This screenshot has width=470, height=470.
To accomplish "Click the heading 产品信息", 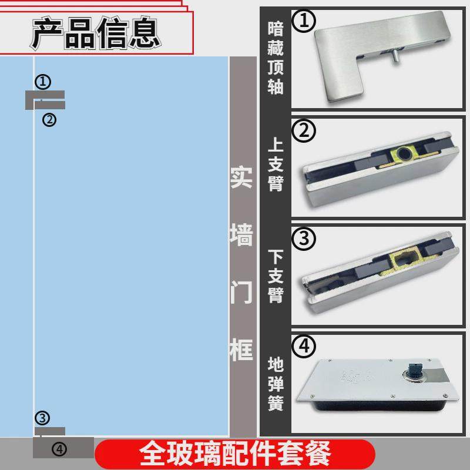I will (x=96, y=33).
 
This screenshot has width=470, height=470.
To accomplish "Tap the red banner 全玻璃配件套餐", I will (x=235, y=453).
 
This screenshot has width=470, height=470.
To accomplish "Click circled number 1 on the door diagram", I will (x=43, y=81).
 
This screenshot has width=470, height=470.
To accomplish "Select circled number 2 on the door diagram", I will (x=49, y=120).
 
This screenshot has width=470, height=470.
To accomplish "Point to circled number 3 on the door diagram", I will (x=42, y=418).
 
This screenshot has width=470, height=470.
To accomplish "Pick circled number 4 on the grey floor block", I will (x=60, y=449).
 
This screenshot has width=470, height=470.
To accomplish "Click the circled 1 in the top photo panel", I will (x=304, y=22).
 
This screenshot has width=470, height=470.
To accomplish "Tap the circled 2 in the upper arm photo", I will (x=304, y=132).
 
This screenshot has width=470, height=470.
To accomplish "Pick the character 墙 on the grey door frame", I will (x=241, y=236).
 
